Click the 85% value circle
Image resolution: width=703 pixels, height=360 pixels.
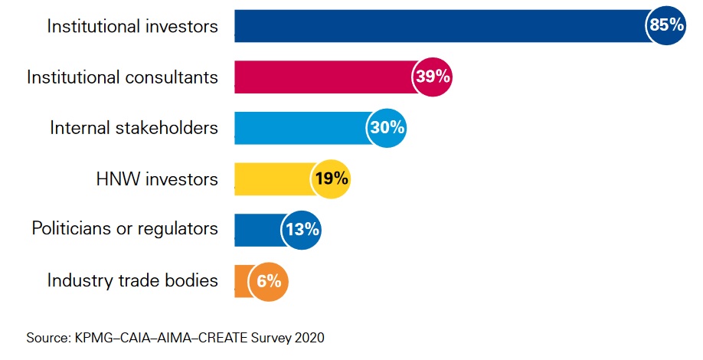pyautogui.click(x=665, y=25)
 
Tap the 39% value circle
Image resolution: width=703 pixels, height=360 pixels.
pyautogui.click(x=433, y=77)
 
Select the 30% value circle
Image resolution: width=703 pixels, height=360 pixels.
pyautogui.click(x=387, y=127)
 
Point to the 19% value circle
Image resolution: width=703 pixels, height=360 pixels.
pyautogui.click(x=331, y=179)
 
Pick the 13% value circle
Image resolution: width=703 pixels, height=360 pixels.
pyautogui.click(x=301, y=229)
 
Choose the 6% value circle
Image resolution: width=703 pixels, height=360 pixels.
pyautogui.click(x=269, y=281)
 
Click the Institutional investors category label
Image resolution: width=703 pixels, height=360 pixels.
pyautogui.click(x=132, y=26)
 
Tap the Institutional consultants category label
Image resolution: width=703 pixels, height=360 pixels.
pyautogui.click(x=123, y=77)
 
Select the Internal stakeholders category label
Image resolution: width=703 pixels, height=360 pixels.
pyautogui.click(x=134, y=128)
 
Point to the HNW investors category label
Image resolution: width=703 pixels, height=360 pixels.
pyautogui.click(x=157, y=179)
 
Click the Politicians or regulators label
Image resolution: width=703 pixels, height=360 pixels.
pyautogui.click(x=125, y=228)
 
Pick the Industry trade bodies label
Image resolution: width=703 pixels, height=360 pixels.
pyautogui.click(x=132, y=280)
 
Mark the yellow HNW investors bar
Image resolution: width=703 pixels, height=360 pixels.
pyautogui.click(x=273, y=179)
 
